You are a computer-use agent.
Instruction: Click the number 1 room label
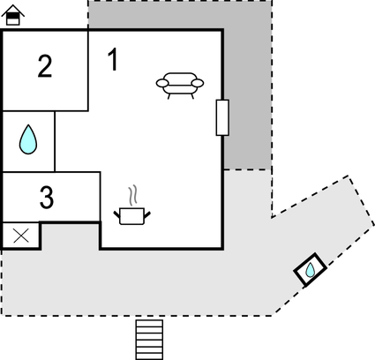coord(113,59)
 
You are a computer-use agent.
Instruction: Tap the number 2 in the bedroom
coord(45,66)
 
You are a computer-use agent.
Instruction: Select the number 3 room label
coord(47,198)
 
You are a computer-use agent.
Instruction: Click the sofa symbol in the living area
coord(180,86)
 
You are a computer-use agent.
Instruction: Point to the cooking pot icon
coord(132,216)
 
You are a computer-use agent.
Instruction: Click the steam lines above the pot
coord(133,195)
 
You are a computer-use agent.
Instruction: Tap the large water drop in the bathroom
coord(28,140)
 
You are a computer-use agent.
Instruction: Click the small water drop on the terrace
coord(310,270)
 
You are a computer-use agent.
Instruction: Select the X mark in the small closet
coord(21,236)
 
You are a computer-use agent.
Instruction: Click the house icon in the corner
coord(12,15)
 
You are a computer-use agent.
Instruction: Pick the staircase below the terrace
coord(149,340)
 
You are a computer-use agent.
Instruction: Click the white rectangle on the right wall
coord(222,117)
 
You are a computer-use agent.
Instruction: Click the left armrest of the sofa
coord(162,83)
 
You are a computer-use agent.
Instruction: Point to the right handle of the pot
coord(147,214)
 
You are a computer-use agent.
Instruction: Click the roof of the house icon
coord(13,11)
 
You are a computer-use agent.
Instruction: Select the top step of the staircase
coord(149,323)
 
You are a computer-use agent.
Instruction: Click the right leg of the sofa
coord(192,96)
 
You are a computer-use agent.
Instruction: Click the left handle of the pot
coord(117,214)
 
